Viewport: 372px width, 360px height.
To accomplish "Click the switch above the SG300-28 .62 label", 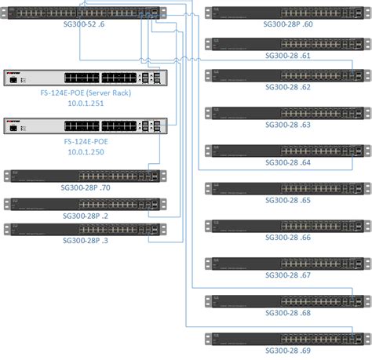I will (286, 75).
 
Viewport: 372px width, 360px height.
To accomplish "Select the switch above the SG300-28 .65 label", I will (286, 187).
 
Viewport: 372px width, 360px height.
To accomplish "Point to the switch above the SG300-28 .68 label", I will (286, 300).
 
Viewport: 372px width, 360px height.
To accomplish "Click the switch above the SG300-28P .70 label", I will (82, 176).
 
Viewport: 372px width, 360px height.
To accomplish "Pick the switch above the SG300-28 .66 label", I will (286, 225).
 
